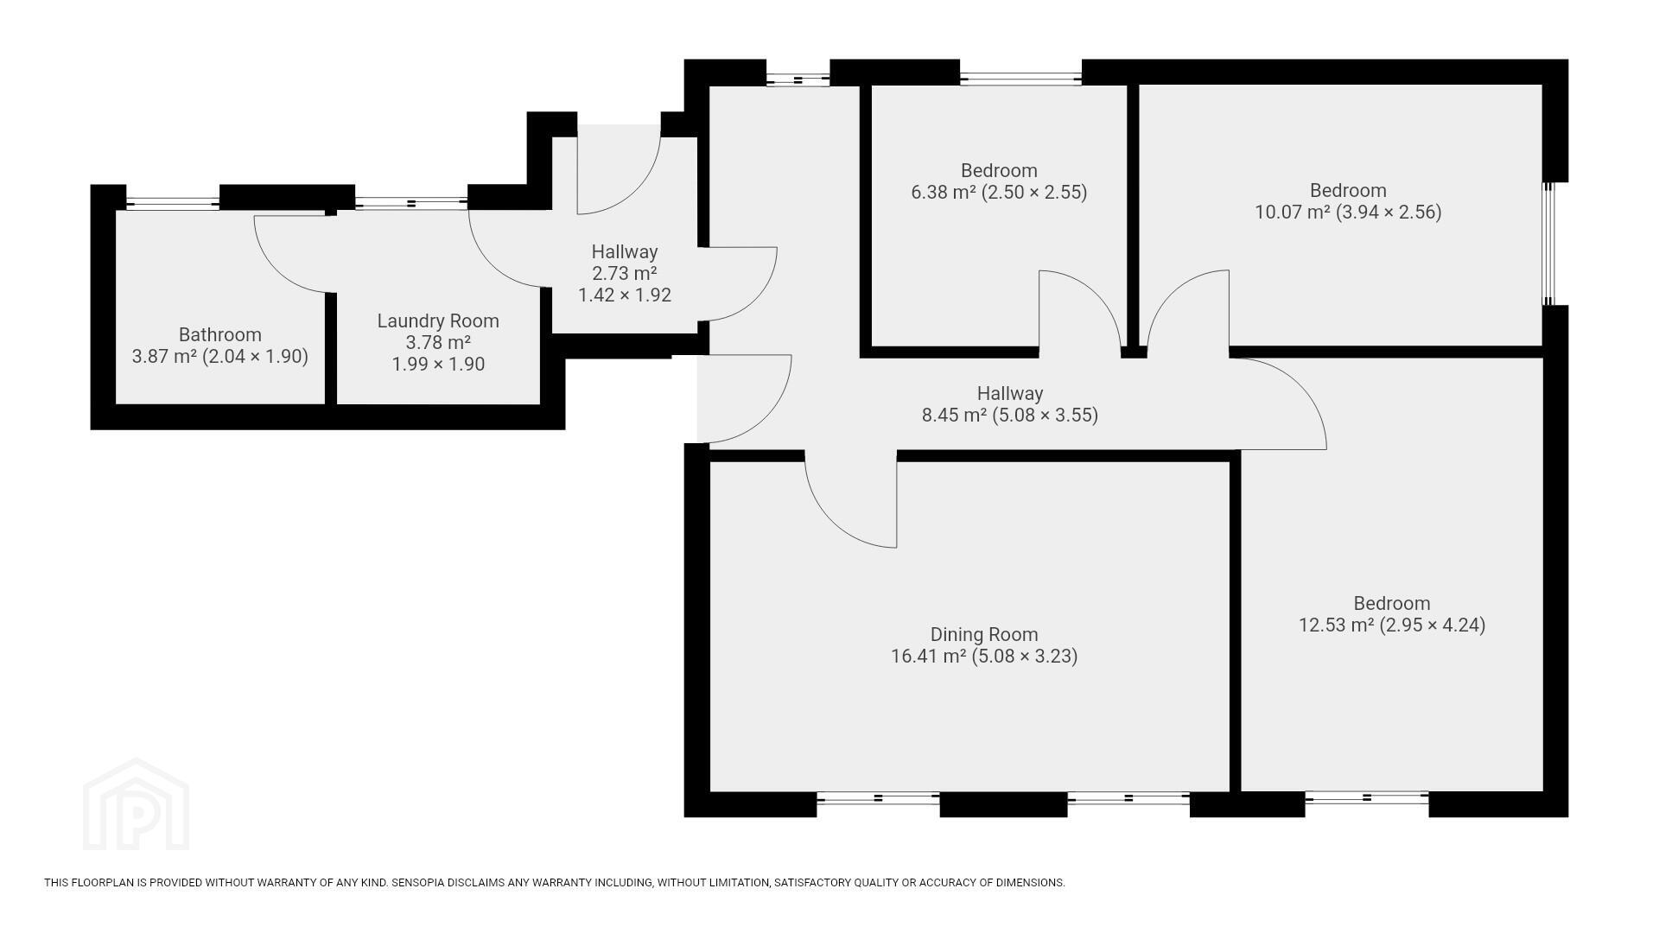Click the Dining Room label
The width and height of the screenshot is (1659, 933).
point(984,635)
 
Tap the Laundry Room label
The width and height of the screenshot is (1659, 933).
point(438,321)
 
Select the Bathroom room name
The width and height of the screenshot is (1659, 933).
point(219,334)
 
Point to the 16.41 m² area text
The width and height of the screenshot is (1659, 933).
point(928,657)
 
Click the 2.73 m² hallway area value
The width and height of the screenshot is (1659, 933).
point(625,274)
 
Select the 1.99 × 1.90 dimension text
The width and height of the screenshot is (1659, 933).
point(438,365)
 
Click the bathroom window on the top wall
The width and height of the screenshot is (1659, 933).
point(173,204)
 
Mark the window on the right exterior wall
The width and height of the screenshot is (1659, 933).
point(1549,244)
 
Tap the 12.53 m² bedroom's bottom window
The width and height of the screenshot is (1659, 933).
point(1366,798)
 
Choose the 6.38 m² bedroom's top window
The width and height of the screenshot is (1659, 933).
point(1020,79)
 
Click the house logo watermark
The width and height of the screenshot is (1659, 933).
point(136,804)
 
